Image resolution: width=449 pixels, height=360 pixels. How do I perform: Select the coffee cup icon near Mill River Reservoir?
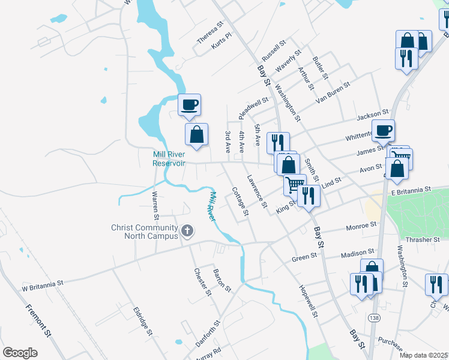pyautogui.click(x=190, y=105)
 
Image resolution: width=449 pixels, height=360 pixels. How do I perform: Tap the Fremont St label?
pyautogui.click(x=38, y=321)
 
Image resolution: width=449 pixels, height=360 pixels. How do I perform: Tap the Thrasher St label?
pyautogui.click(x=422, y=239)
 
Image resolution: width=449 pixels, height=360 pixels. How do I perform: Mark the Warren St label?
pyautogui.click(x=155, y=203)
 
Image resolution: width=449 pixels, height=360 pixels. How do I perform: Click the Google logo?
pyautogui.click(x=20, y=353)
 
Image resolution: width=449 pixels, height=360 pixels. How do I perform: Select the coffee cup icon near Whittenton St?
pyautogui.click(x=383, y=130)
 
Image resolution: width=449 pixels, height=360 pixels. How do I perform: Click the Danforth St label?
pyautogui.click(x=208, y=333)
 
